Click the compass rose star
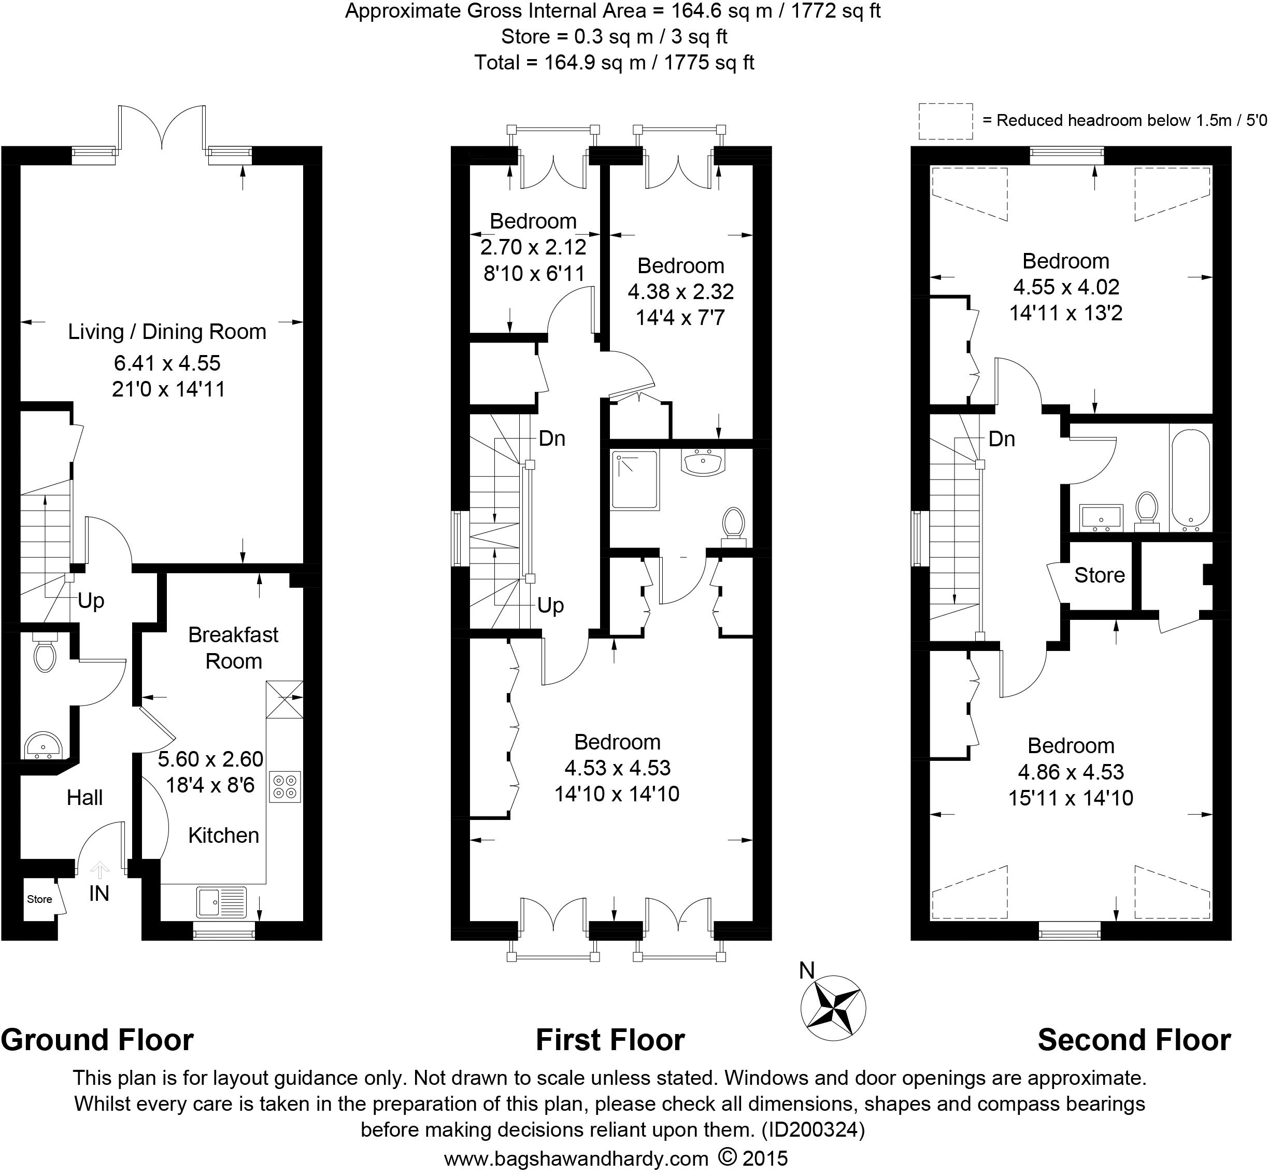coord(832,1008)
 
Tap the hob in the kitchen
coord(285,786)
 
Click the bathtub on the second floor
coord(1191,480)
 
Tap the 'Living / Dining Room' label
coord(167,332)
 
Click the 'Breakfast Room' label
coord(234,648)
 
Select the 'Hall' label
coord(84,797)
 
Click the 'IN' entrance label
coord(99,893)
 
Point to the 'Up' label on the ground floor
coord(91,601)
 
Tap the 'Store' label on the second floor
coord(1099,575)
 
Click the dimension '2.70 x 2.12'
coord(533,247)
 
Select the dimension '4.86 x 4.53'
coord(1071,772)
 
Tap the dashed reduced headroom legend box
coord(946,121)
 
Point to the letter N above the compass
coord(806,971)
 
